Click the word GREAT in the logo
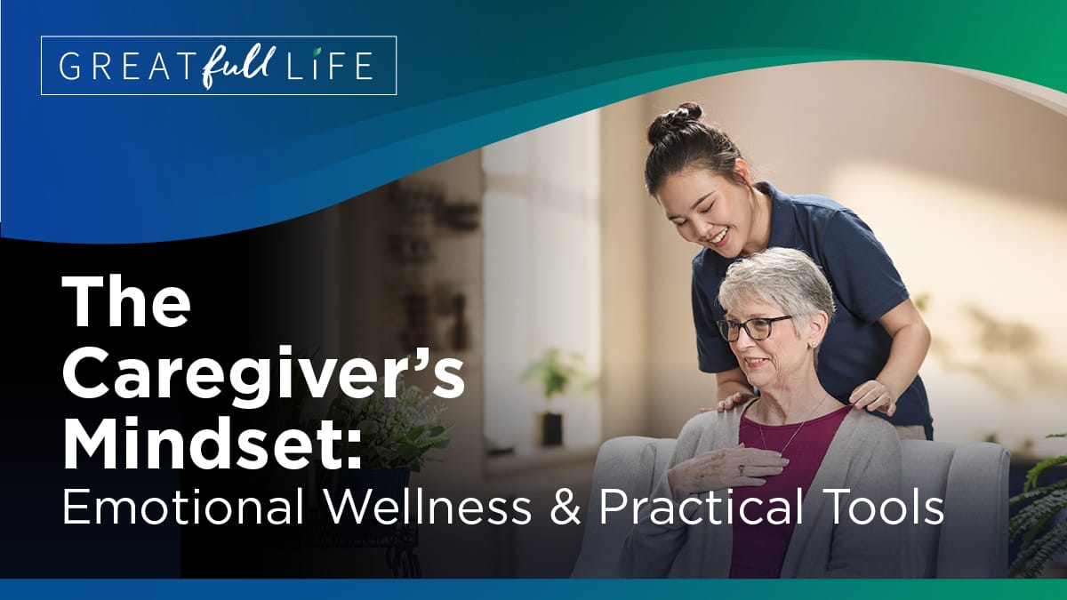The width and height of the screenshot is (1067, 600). (115, 65)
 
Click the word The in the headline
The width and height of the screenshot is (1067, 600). (126, 301)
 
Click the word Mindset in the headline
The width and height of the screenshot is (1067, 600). (211, 444)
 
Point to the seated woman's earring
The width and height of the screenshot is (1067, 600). (813, 343)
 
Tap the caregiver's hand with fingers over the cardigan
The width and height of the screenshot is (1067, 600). (872, 397)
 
